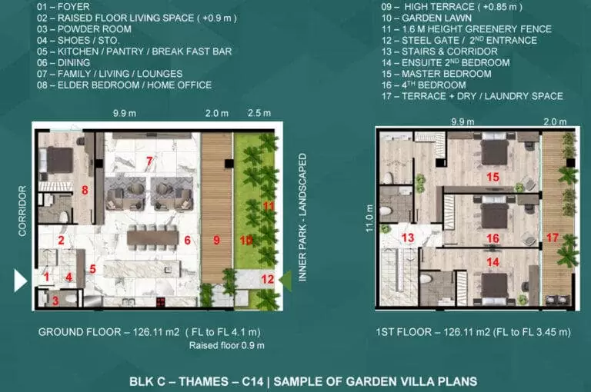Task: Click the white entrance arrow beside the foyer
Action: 20,280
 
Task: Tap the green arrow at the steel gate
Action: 286,281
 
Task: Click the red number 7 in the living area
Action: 149,161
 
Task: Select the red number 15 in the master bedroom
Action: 492,177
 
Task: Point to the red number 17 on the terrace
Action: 553,238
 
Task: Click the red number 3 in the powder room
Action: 55,301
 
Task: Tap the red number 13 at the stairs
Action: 408,238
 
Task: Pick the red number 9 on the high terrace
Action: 216,240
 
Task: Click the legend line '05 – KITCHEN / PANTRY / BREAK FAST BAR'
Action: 134,51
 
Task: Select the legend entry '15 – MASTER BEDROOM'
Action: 436,74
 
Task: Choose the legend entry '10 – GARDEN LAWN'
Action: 426,18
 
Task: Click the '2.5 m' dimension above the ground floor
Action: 259,113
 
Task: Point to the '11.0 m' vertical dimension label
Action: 369,218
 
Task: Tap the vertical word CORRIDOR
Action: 22,211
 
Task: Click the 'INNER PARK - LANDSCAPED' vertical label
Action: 302,218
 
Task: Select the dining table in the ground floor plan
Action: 152,238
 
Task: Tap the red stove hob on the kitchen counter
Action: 161,301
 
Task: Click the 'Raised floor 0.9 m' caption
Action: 226,345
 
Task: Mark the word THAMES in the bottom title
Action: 203,381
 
